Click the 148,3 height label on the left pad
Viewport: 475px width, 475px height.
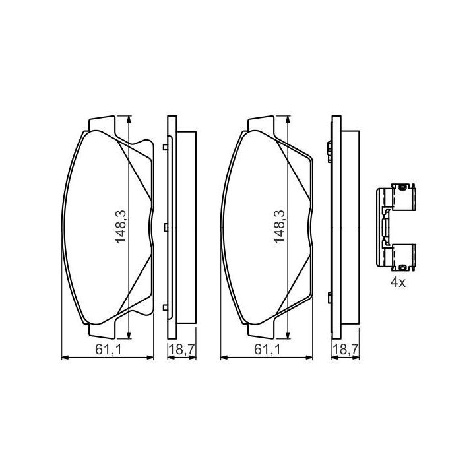click(x=121, y=226)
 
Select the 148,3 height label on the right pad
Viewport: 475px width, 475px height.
click(x=280, y=226)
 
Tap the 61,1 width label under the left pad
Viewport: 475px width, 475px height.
click(x=108, y=350)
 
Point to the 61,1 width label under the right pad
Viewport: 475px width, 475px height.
click(x=267, y=350)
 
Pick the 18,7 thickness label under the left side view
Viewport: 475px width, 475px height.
click(x=182, y=350)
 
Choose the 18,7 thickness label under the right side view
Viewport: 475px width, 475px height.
click(x=346, y=350)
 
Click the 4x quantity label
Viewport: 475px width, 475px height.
click(x=398, y=282)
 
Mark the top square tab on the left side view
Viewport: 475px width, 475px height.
click(x=165, y=147)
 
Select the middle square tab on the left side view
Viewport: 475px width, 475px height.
click(x=165, y=227)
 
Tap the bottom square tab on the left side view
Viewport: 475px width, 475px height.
click(x=165, y=308)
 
